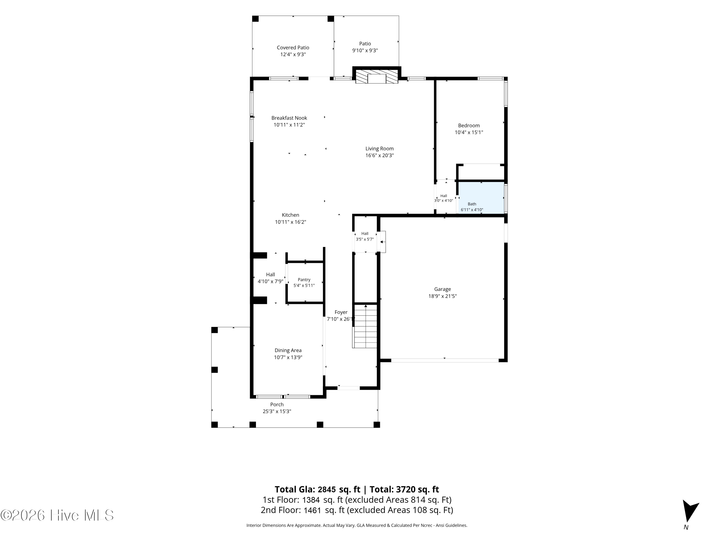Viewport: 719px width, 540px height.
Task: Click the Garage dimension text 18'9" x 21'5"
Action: click(x=442, y=296)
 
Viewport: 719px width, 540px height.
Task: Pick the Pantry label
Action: click(x=304, y=280)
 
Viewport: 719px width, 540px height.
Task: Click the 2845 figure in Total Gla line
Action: click(x=327, y=490)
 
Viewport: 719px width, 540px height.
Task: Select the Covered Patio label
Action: click(x=293, y=48)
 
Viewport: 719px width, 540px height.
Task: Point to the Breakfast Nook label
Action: click(x=289, y=118)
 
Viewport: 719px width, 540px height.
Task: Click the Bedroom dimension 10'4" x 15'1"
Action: click(x=469, y=132)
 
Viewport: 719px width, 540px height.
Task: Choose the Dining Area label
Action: click(x=288, y=350)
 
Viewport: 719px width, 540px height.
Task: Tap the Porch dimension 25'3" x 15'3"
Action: click(x=277, y=411)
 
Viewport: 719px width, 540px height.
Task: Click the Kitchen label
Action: click(x=290, y=215)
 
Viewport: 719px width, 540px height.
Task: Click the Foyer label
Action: click(x=341, y=312)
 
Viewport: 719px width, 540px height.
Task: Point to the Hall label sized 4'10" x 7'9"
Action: click(x=270, y=274)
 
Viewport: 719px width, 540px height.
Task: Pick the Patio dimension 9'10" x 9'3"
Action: click(x=365, y=50)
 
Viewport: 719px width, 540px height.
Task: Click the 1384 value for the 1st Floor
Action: click(x=311, y=500)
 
